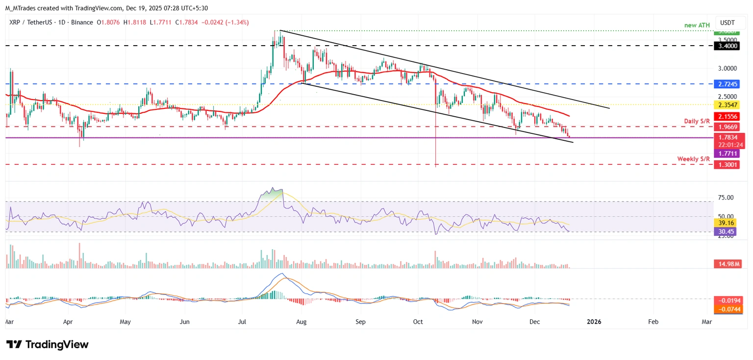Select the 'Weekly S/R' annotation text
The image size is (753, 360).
(x=693, y=159)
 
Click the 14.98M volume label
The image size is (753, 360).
(x=728, y=264)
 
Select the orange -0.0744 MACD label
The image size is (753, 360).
(x=728, y=309)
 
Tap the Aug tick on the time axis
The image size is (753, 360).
(x=301, y=322)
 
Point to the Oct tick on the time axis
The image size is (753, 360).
(x=418, y=322)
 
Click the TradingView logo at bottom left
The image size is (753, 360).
(x=48, y=344)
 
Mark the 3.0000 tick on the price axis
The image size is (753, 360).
(x=728, y=68)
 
